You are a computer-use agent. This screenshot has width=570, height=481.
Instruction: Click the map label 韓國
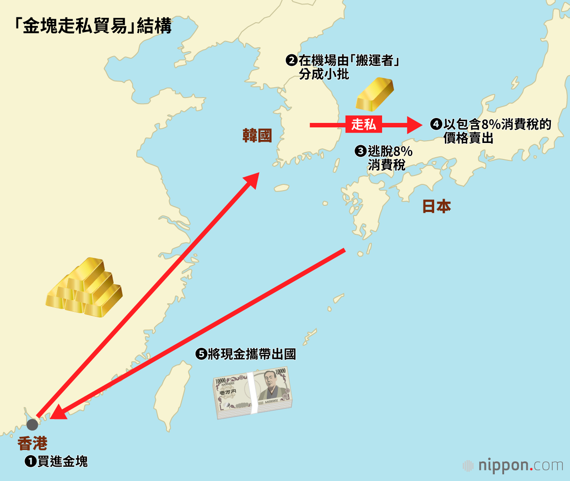[x=257, y=135]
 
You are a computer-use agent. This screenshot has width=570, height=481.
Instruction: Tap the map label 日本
[x=436, y=206]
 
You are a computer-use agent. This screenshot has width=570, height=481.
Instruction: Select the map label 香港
[x=33, y=443]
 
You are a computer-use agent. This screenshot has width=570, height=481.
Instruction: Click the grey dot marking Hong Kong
[x=32, y=424]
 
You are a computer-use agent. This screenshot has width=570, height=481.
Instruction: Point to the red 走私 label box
[x=363, y=124]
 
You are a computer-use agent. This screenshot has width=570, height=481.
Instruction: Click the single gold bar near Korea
[x=375, y=94]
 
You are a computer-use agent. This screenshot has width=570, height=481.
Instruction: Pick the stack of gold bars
[x=85, y=288]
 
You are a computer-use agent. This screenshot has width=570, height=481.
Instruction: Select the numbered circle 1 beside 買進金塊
[x=30, y=461]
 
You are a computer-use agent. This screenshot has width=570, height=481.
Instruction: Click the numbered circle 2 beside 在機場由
[x=291, y=60]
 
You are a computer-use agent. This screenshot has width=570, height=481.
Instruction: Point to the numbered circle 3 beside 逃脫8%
[x=360, y=151]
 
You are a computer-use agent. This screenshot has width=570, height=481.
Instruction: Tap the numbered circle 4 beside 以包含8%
[x=436, y=124]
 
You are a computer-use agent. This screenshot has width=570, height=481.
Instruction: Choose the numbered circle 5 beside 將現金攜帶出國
[x=201, y=354]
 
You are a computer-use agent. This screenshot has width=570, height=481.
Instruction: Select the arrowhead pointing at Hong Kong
[x=58, y=412]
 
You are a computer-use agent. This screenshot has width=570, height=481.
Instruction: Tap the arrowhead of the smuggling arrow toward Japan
[x=414, y=125]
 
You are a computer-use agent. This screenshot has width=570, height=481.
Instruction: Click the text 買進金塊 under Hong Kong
[x=63, y=461]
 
